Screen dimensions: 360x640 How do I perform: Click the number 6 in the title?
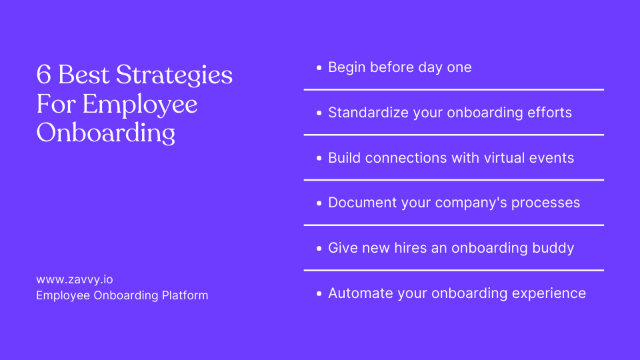(43, 75)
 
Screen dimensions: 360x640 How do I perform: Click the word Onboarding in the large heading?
(105, 133)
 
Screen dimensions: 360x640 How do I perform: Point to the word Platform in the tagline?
(184, 295)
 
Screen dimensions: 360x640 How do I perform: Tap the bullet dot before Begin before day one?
(319, 68)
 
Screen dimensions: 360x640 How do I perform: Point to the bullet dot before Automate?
(319, 294)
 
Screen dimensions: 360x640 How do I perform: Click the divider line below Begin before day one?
(453, 89)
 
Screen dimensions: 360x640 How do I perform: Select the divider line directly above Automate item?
(453, 270)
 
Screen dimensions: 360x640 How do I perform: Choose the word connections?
(405, 158)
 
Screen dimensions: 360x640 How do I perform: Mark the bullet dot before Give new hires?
(319, 249)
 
